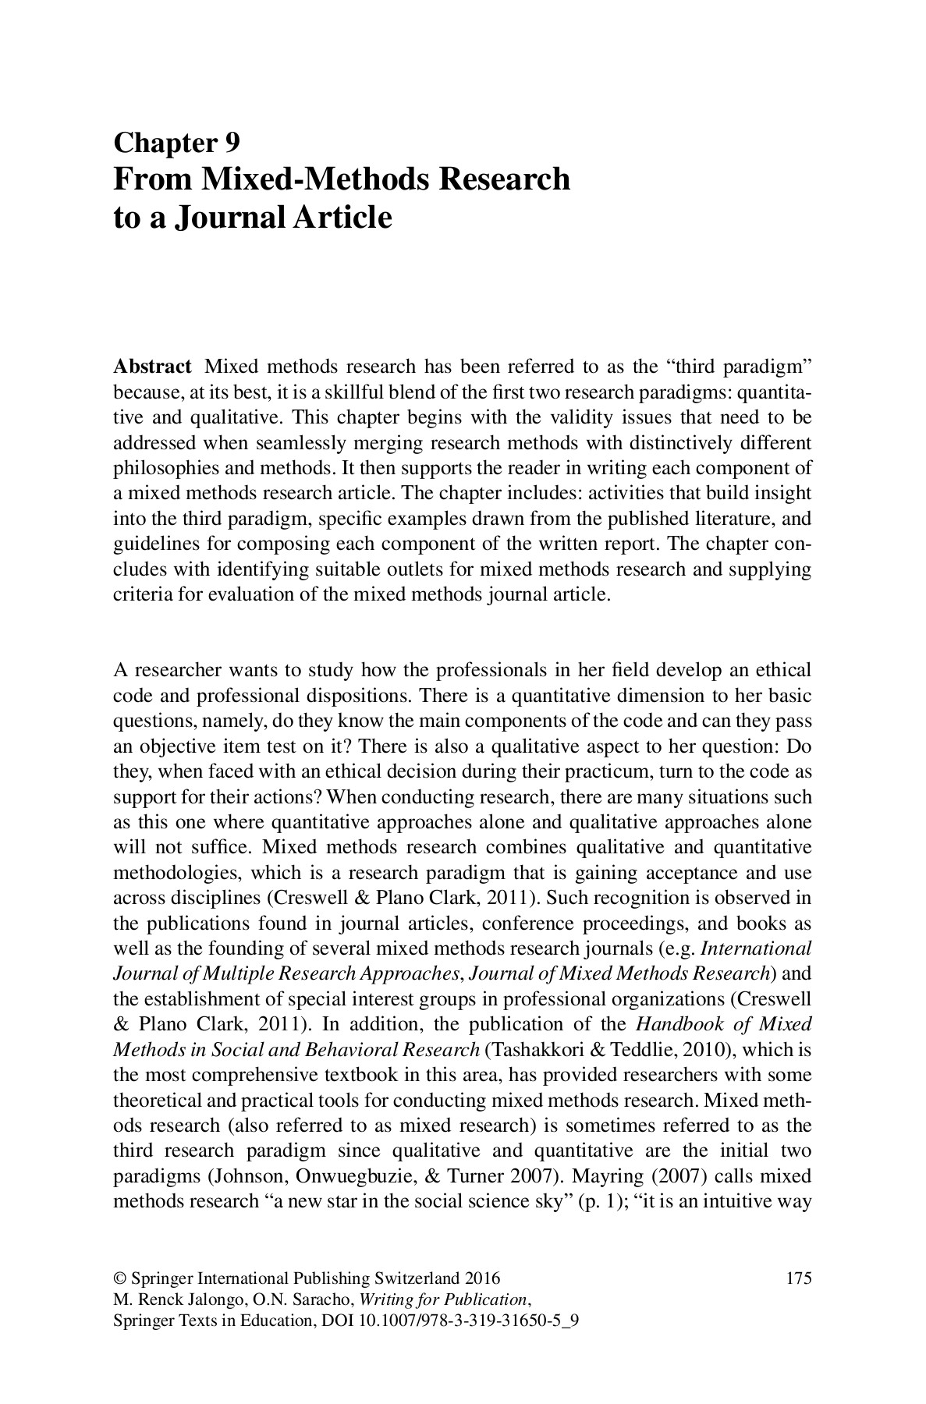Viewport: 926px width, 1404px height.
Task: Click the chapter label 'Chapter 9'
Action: click(176, 143)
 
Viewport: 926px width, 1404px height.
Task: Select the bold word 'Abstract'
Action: click(152, 367)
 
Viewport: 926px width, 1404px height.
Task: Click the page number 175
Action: click(799, 1278)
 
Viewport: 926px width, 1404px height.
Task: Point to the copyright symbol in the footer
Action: click(119, 1278)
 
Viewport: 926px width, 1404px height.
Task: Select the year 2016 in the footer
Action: click(482, 1278)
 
